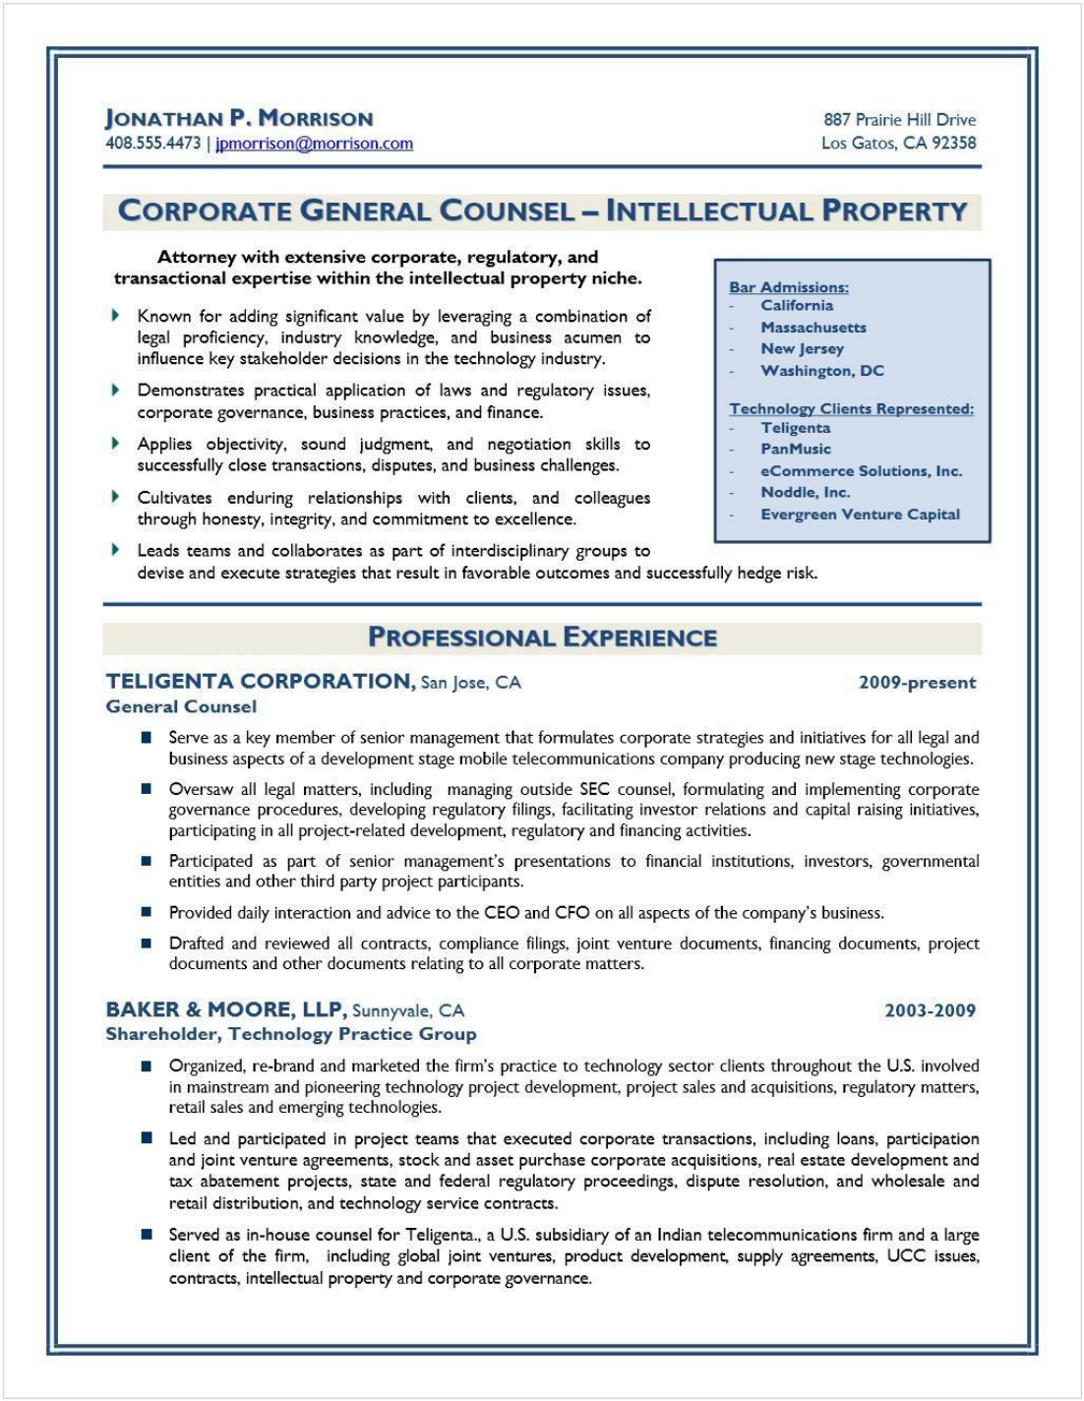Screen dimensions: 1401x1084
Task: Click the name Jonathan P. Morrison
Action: pyautogui.click(x=239, y=119)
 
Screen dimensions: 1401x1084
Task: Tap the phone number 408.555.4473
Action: pyautogui.click(x=152, y=144)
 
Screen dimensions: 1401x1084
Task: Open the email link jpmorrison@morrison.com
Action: pyautogui.click(x=314, y=144)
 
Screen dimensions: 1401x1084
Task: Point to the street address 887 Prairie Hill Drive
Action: pyautogui.click(x=899, y=120)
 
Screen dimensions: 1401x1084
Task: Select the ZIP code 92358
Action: pyautogui.click(x=954, y=143)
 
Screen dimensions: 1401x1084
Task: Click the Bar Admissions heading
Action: pyautogui.click(x=788, y=287)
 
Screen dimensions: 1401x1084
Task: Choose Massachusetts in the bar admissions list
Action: pyautogui.click(x=813, y=328)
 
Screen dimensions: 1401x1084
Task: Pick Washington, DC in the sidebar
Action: pyautogui.click(x=822, y=371)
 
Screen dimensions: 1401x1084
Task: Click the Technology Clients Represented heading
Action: pyautogui.click(x=851, y=409)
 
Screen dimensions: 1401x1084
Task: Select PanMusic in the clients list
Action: pyautogui.click(x=796, y=449)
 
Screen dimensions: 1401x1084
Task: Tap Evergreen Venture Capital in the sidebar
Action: pyautogui.click(x=860, y=515)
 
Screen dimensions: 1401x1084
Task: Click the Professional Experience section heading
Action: pyautogui.click(x=542, y=638)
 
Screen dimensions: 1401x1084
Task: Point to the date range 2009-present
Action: pyautogui.click(x=917, y=683)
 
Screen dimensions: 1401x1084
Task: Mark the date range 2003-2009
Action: pyautogui.click(x=930, y=1010)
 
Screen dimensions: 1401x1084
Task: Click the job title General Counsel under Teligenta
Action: pyautogui.click(x=181, y=706)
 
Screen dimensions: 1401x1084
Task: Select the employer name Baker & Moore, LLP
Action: pyautogui.click(x=225, y=1009)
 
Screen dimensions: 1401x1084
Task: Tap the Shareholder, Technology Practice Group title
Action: pyautogui.click(x=291, y=1034)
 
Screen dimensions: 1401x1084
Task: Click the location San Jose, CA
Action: pyautogui.click(x=471, y=683)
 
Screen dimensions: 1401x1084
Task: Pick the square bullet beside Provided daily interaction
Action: pyautogui.click(x=146, y=912)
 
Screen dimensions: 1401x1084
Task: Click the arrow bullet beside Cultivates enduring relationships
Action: pyautogui.click(x=115, y=497)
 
